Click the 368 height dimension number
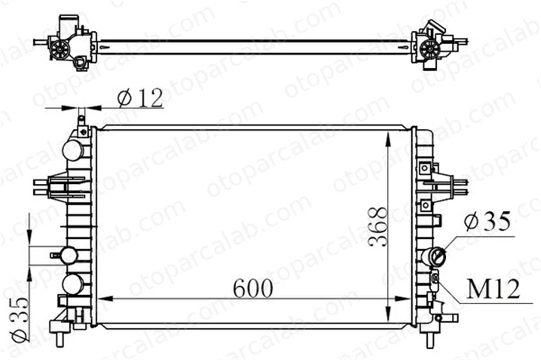click(x=378, y=226)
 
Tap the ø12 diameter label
click(x=140, y=98)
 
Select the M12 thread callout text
click(x=493, y=289)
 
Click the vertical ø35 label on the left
click(x=19, y=318)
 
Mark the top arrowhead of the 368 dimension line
click(x=389, y=138)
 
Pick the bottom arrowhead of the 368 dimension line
click(x=389, y=306)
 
